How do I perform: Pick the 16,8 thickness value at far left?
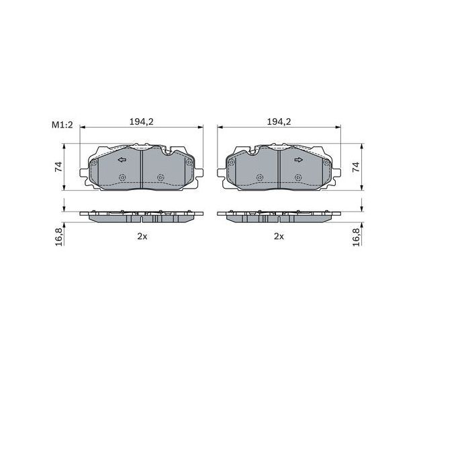(x=59, y=236)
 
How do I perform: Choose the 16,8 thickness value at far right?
(x=357, y=236)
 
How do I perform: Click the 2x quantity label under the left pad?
(x=141, y=236)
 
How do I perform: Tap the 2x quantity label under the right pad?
(x=279, y=236)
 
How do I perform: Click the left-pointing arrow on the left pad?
(x=122, y=160)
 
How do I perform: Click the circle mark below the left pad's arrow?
(x=122, y=177)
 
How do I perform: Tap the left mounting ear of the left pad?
(x=85, y=176)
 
